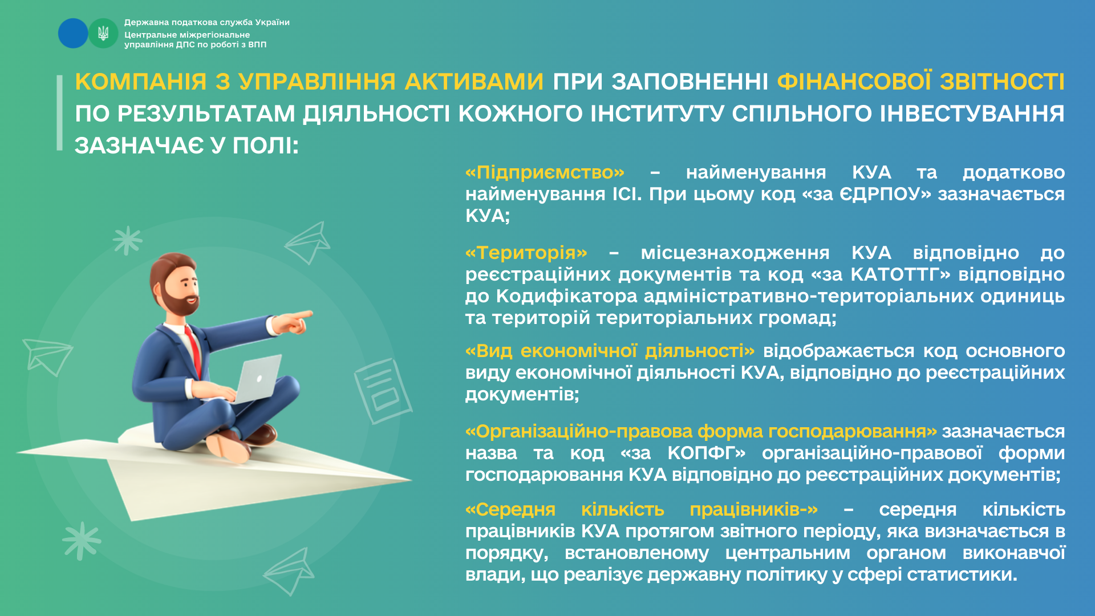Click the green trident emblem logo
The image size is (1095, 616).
click(x=103, y=33)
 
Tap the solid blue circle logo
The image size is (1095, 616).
click(x=73, y=33)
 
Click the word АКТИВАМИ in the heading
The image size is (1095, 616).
click(x=474, y=82)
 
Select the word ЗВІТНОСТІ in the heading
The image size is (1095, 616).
click(x=1002, y=82)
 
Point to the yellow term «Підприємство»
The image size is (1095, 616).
click(x=545, y=172)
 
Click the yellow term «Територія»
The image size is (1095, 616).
click(x=526, y=253)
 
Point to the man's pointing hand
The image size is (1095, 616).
click(x=294, y=321)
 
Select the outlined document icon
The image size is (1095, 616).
click(x=383, y=391)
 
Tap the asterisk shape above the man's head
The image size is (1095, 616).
click(x=127, y=240)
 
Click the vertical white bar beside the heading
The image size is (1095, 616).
click(x=59, y=113)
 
